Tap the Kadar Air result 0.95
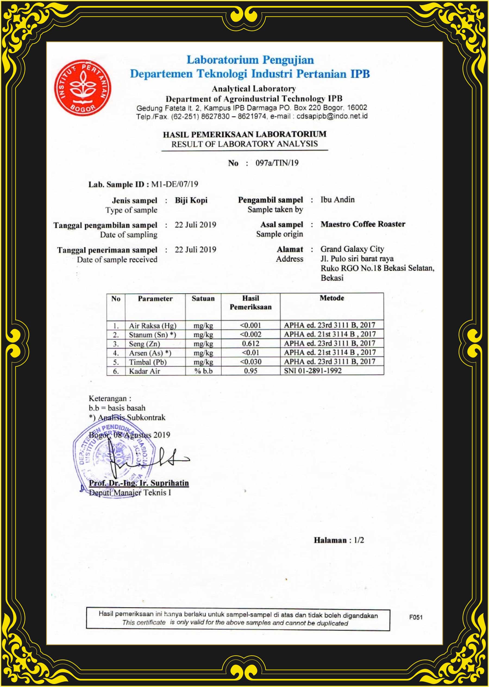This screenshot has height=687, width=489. click(250, 371)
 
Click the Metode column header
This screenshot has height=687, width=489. click(331, 298)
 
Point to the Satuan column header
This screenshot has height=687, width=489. click(203, 298)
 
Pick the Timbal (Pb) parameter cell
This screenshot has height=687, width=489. click(148, 362)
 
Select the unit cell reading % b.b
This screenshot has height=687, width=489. click(203, 371)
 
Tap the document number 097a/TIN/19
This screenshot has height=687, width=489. click(277, 163)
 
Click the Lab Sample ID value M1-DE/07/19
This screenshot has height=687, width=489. click(174, 184)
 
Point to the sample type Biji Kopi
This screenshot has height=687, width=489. click(191, 200)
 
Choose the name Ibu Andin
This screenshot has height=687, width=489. click(337, 199)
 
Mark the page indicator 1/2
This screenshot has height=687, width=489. click(359, 540)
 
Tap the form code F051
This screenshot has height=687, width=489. click(416, 617)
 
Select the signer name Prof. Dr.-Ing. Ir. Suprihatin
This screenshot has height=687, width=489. click(139, 483)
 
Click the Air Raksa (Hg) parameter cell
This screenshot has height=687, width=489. click(152, 326)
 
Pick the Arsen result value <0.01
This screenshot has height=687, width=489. click(250, 353)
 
